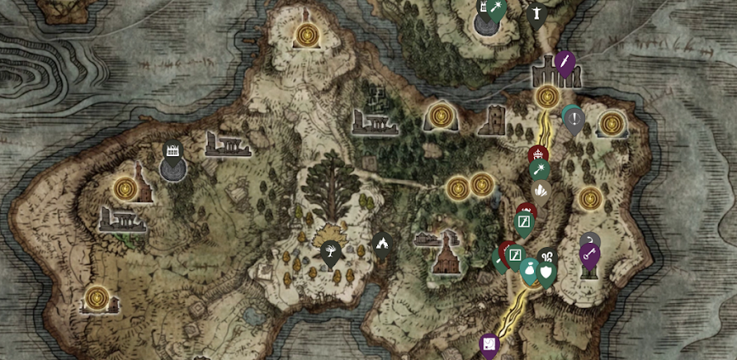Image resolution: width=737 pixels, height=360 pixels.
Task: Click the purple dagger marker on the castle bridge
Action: pos(565,62)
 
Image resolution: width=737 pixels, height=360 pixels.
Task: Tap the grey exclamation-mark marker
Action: pos(575,120)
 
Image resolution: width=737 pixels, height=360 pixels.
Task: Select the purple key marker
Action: pos(589,254)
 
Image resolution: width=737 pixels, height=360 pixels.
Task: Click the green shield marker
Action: pos(547,271)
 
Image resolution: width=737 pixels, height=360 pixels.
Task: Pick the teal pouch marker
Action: pos(530,270)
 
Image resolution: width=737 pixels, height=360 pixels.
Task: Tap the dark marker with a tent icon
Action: pos(382,244)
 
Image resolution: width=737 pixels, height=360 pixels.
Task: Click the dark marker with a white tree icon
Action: pos(330,250)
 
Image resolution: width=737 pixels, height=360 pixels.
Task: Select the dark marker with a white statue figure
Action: pos(536,14)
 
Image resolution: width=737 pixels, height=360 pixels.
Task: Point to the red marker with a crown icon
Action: pos(537,155)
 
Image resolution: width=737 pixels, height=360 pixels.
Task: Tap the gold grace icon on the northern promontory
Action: pos(307,35)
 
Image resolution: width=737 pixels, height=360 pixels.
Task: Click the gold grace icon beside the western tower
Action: pos(126,188)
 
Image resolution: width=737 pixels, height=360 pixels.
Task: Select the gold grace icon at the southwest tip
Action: pos(97,298)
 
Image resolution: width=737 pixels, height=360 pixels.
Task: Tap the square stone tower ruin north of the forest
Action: pos(492,121)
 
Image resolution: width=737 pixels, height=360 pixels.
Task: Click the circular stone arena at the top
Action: pos(487,24)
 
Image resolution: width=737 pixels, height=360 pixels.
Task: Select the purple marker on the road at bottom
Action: pos(489,344)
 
